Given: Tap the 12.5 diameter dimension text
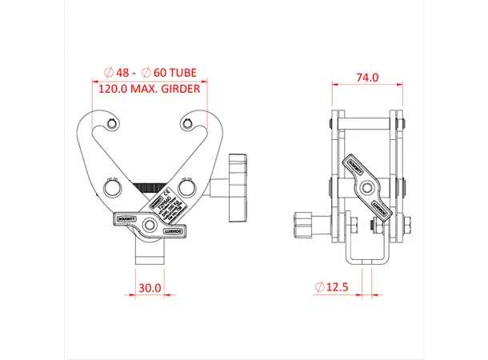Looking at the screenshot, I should coord(335,286).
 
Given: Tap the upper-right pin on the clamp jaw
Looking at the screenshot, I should coord(187,123).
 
